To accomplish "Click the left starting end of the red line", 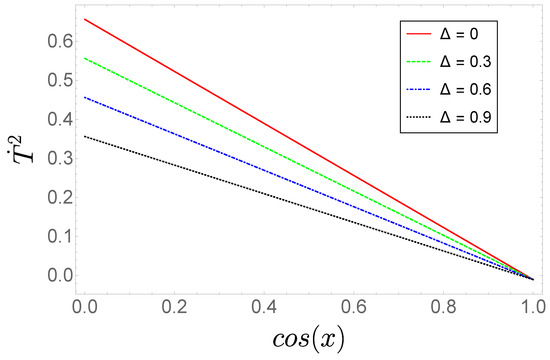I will [x=86, y=19].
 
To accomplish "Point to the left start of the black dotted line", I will [x=86, y=136].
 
